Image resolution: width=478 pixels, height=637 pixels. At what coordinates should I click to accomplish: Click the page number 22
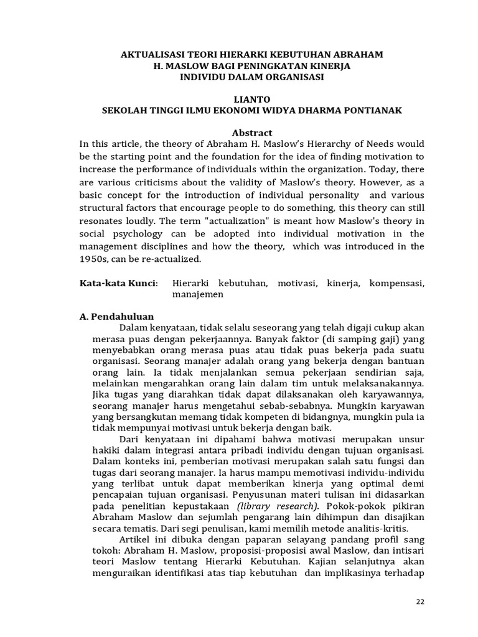421,602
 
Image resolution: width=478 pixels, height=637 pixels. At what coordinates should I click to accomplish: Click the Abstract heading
252,133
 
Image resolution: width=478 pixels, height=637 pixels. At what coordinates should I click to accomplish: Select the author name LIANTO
252,99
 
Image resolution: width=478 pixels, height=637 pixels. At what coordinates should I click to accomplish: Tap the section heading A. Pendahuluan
116,316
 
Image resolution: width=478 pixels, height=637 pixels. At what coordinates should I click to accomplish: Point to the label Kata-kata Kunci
118,283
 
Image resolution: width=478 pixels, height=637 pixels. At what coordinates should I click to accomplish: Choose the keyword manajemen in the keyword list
198,294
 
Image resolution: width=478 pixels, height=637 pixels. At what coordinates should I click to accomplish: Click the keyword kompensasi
396,283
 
